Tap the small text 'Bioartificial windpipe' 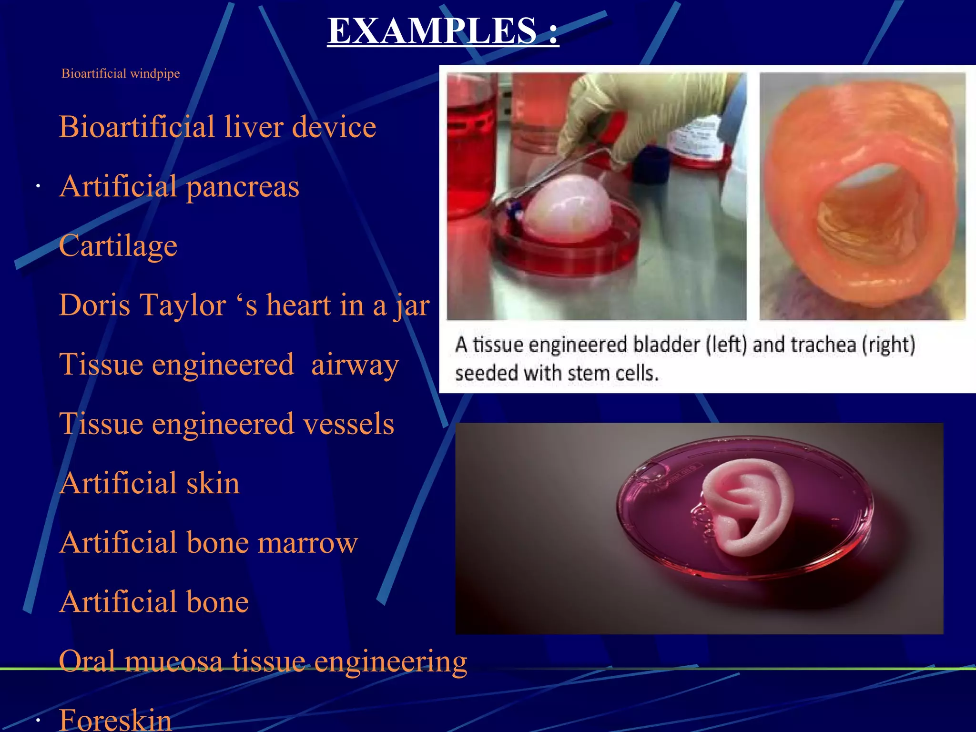pos(121,73)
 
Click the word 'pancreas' pos(243,186)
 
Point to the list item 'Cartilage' pos(118,246)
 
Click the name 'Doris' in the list pos(94,305)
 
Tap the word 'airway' pos(355,365)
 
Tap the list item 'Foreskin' pos(115,720)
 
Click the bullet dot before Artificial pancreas pos(38,187)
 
